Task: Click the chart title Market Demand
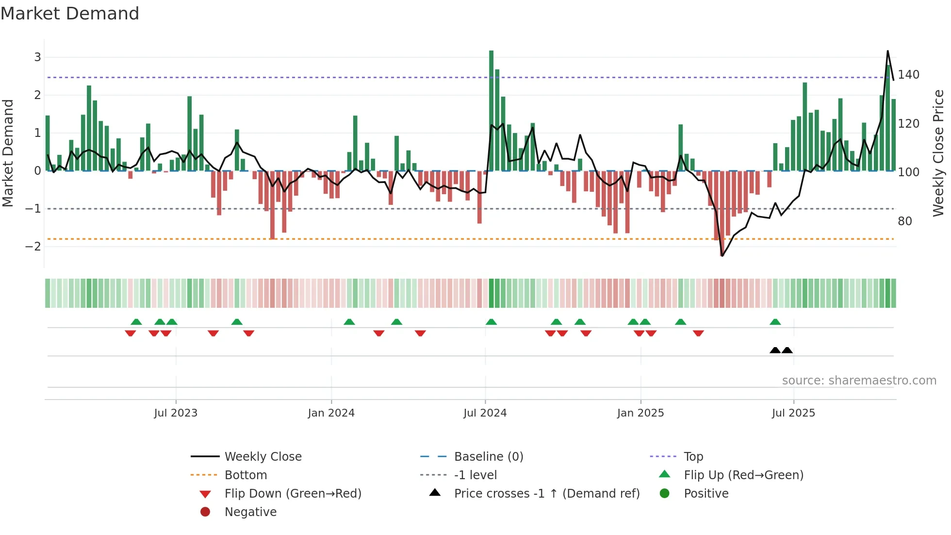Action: click(70, 14)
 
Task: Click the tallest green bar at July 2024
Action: click(491, 111)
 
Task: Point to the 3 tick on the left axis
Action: click(37, 57)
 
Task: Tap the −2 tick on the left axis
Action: click(33, 247)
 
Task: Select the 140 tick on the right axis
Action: click(908, 75)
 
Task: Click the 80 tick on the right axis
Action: click(904, 221)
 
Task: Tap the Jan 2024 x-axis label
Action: click(331, 413)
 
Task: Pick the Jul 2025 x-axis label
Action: click(793, 413)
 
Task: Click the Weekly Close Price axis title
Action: click(938, 153)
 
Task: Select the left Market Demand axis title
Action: click(8, 153)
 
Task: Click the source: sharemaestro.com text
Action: click(859, 381)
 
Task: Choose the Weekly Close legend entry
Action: click(262, 457)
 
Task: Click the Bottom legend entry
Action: click(246, 475)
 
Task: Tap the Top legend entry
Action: click(693, 457)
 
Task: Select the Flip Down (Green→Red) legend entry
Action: click(293, 494)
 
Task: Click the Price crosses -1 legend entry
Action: click(546, 494)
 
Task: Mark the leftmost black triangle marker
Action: click(775, 351)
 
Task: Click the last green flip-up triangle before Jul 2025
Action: click(775, 322)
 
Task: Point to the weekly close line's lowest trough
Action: click(722, 256)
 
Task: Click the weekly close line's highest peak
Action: click(887, 51)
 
